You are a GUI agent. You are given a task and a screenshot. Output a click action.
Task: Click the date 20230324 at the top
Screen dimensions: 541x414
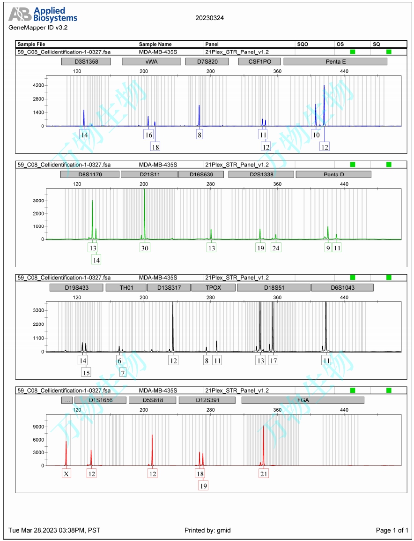(209, 18)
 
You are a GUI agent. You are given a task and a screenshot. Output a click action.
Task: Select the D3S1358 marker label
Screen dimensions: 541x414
(86, 61)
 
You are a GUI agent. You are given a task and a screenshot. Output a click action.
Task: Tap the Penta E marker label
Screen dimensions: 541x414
(335, 61)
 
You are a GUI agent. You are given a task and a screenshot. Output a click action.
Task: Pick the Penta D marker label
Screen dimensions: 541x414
(333, 174)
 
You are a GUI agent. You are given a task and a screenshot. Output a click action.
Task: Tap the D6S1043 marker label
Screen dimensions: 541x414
(342, 287)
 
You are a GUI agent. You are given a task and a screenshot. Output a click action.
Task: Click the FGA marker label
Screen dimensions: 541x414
(303, 400)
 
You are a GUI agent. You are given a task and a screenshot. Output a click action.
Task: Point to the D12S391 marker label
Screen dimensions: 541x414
(206, 400)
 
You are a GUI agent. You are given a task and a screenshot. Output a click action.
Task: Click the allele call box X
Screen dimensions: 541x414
(67, 474)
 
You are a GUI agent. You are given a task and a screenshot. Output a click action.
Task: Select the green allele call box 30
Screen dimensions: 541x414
(144, 248)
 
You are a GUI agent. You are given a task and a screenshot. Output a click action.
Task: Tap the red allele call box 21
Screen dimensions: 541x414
(264, 474)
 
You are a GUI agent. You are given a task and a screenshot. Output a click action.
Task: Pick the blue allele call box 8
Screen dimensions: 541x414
(200, 135)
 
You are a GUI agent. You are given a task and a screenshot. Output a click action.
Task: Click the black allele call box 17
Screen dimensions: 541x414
(273, 361)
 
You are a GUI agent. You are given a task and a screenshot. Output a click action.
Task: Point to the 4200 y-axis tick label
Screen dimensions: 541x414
(38, 85)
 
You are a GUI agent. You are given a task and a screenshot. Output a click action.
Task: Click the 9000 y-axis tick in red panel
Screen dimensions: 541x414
(38, 427)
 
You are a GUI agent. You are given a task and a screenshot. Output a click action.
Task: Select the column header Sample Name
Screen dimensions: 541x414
(155, 44)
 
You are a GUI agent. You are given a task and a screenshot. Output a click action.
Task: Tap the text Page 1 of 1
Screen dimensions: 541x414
(392, 530)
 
